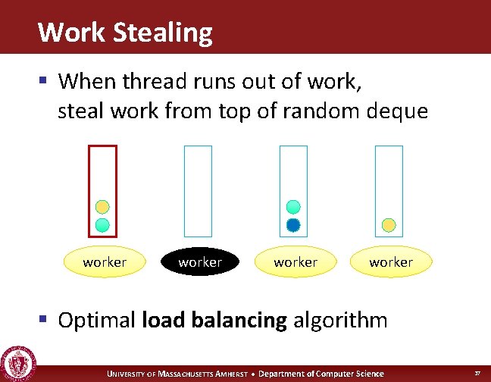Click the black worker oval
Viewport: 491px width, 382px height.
tap(200, 262)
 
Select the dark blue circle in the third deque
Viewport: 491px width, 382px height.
tap(293, 224)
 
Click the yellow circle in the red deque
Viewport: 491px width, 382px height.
tap(102, 206)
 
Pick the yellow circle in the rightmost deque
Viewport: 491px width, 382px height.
tap(389, 224)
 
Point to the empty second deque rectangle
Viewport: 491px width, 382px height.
tap(199, 190)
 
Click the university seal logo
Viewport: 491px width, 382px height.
tap(16, 362)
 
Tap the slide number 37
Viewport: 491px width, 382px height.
tap(477, 373)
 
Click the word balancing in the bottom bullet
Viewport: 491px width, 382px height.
tap(241, 320)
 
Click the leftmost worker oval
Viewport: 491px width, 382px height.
tap(105, 262)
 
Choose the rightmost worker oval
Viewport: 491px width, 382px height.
tap(391, 262)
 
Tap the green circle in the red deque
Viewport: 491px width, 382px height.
tap(102, 224)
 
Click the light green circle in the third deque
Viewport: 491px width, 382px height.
tap(293, 206)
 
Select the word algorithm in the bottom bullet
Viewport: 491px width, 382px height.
tap(340, 320)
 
